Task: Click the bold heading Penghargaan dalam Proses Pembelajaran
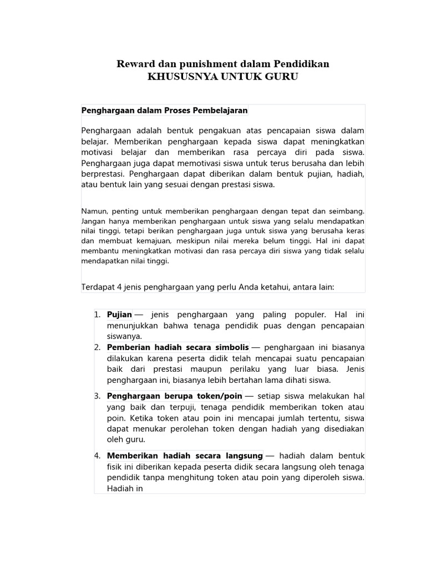[x=164, y=110]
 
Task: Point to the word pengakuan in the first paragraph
[x=213, y=131]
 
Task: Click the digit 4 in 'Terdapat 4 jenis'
[x=119, y=287]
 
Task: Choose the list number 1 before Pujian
[x=97, y=315]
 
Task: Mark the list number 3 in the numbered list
[x=97, y=396]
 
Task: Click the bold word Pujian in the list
[x=119, y=315]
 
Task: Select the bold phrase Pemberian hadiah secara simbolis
[x=177, y=347]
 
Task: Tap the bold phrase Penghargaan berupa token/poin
[x=175, y=396]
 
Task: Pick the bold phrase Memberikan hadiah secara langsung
[x=185, y=456]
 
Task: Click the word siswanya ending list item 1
[x=124, y=336]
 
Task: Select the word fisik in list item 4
[x=115, y=466]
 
